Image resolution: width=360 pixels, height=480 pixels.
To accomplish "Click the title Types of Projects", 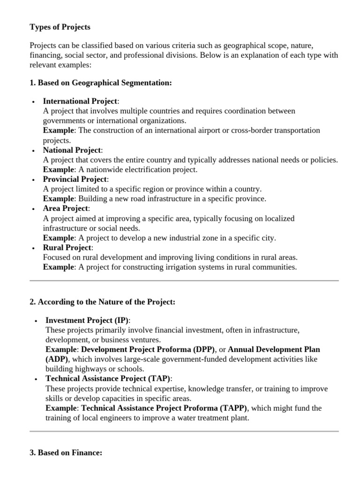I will [60, 27].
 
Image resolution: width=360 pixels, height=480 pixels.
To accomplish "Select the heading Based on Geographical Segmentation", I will [101, 82].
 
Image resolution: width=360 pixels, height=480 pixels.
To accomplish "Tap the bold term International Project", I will [80, 101].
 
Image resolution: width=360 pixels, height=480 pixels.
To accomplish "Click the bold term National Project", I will [72, 150].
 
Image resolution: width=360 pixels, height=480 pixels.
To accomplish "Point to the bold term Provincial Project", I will [75, 180].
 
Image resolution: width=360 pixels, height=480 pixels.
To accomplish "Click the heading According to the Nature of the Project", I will [102, 302].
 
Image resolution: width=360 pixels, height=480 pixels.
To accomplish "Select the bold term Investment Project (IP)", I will [87, 321].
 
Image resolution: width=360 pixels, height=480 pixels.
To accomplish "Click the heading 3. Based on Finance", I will [66, 453].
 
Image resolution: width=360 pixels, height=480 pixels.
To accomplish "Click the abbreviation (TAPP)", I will [230, 408].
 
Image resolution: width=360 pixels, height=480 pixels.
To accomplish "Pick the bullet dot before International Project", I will [33, 102].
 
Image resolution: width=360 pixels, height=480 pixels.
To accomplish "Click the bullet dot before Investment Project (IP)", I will [36, 321].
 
